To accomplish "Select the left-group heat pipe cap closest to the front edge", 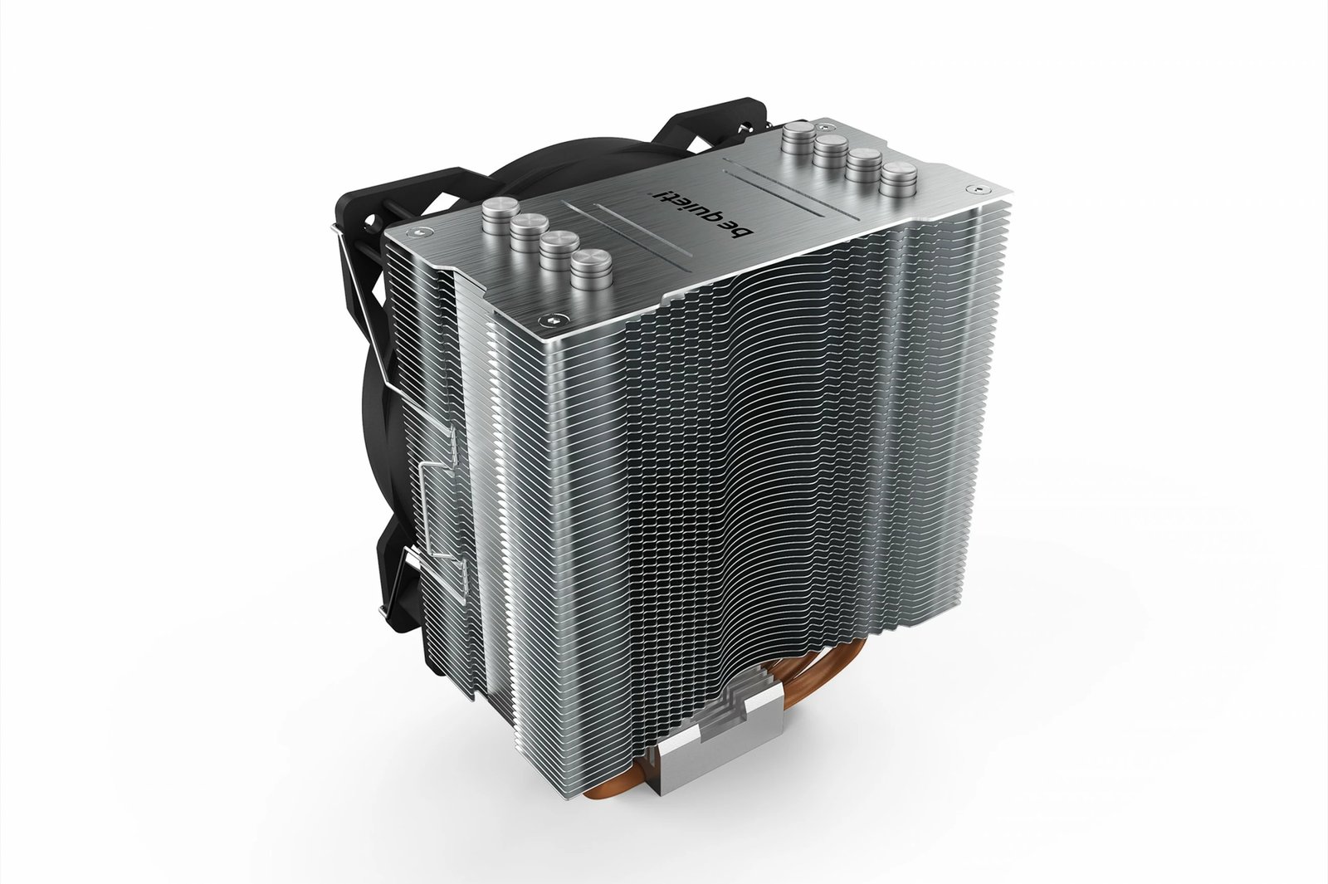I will (x=591, y=265).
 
